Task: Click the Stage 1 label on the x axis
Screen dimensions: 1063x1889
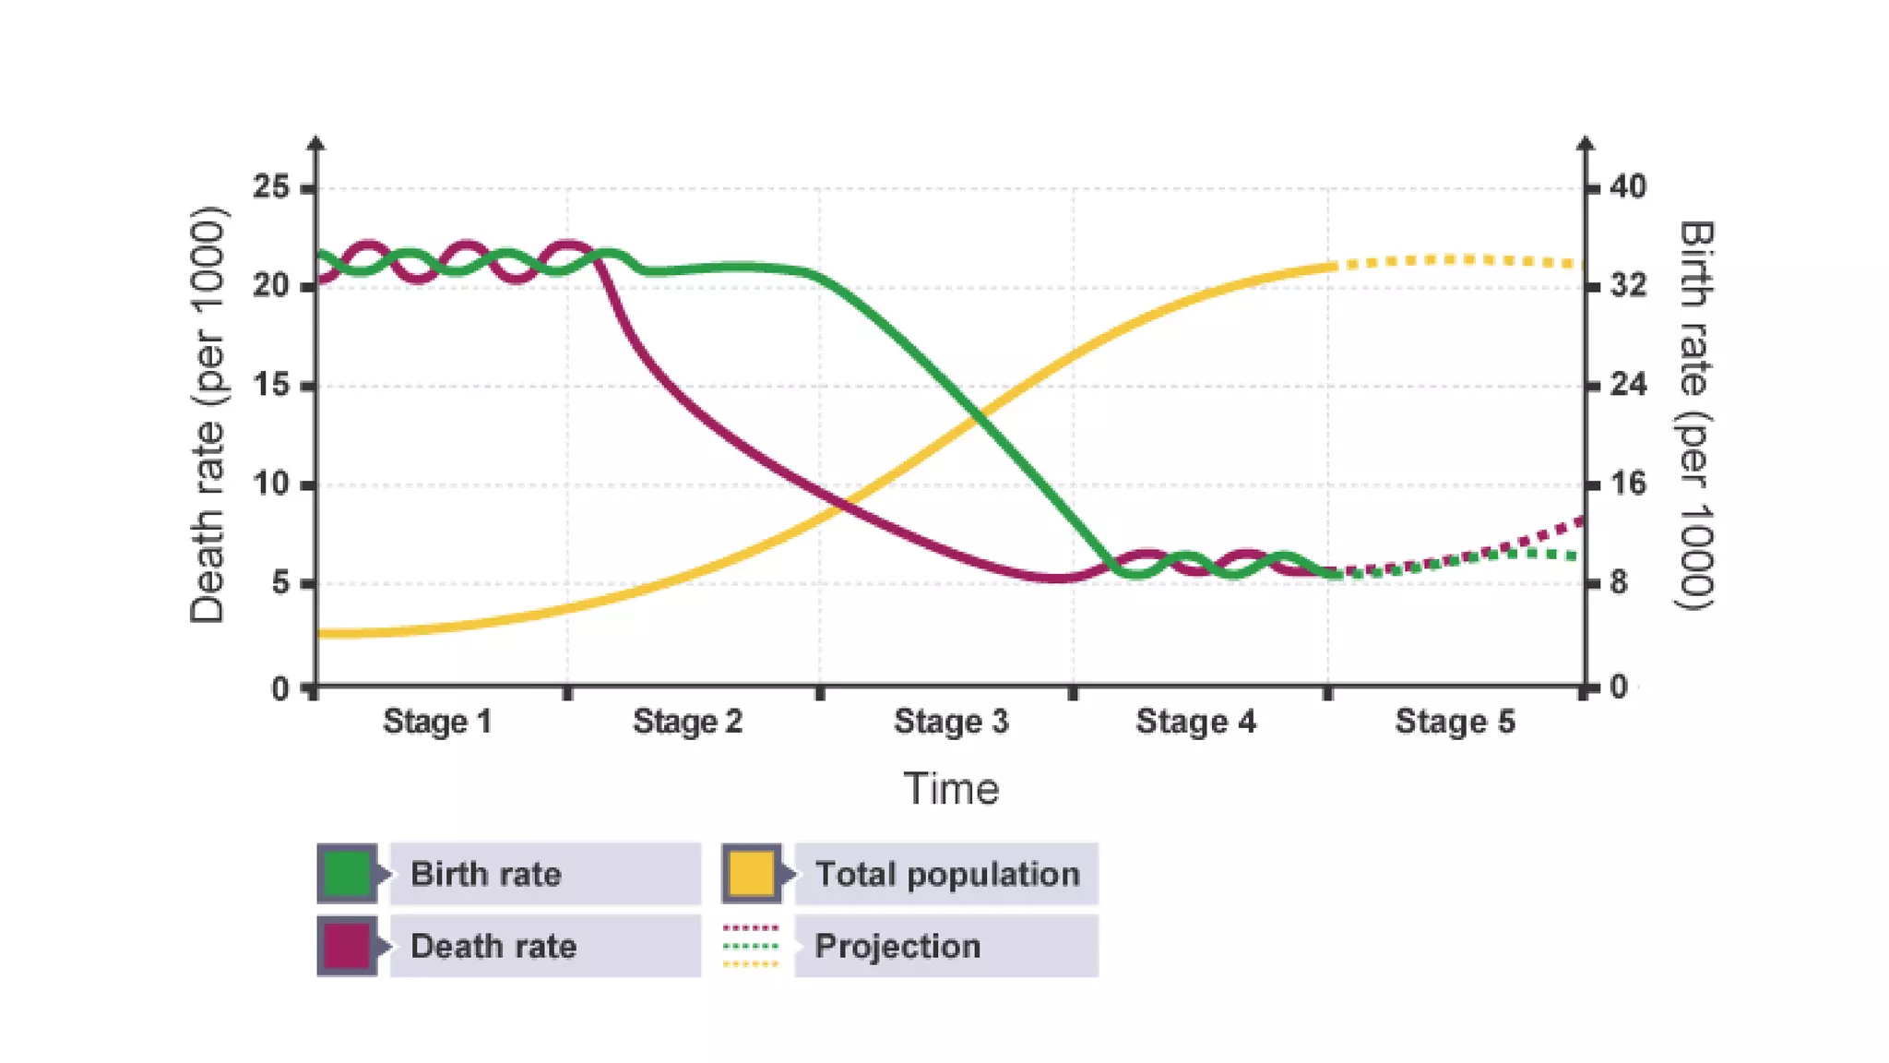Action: point(437,722)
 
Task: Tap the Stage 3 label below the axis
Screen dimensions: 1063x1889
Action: point(951,722)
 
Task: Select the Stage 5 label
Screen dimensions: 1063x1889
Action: point(1455,722)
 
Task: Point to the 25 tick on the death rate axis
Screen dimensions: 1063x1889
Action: point(271,187)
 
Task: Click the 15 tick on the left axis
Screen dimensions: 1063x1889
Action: point(271,385)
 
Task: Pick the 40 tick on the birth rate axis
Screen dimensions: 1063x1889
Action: point(1628,187)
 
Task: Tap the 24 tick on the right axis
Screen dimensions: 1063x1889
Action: point(1628,384)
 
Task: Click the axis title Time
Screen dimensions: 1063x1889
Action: point(951,790)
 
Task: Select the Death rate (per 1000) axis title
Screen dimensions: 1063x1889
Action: point(208,415)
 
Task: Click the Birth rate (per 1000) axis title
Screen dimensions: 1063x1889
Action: point(1694,415)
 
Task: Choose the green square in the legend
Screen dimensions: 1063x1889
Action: point(348,873)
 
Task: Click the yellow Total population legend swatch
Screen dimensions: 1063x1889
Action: point(751,873)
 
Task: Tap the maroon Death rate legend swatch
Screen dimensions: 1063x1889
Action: point(348,946)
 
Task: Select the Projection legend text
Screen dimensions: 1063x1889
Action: point(897,946)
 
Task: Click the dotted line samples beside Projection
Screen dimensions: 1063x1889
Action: point(751,946)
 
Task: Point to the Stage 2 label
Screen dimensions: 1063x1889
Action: point(687,722)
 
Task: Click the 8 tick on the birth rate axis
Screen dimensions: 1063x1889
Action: point(1619,582)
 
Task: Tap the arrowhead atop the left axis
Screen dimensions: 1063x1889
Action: point(315,143)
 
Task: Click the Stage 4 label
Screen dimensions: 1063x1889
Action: point(1195,722)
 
